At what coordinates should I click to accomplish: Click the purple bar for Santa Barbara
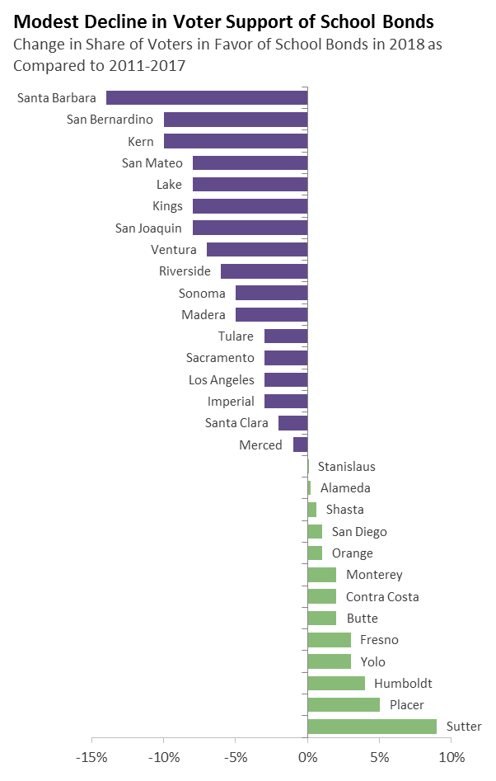point(206,98)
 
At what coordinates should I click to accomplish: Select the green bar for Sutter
point(372,727)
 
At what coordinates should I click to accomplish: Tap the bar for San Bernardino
point(235,120)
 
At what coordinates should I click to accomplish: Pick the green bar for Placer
point(344,705)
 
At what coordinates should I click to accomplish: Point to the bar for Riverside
point(264,271)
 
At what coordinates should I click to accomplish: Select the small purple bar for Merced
point(300,445)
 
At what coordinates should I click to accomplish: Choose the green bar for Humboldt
point(336,683)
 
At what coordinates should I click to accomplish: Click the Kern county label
point(140,142)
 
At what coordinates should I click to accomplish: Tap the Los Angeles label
point(221,379)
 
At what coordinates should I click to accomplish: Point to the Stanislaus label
point(346,467)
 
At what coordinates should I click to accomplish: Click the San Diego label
point(359,532)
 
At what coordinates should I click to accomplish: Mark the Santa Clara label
point(236,423)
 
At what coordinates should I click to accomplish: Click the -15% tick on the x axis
point(91,757)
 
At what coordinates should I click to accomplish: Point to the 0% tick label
point(307,757)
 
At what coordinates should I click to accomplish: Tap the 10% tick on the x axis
point(451,757)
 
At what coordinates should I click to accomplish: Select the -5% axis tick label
point(235,757)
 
